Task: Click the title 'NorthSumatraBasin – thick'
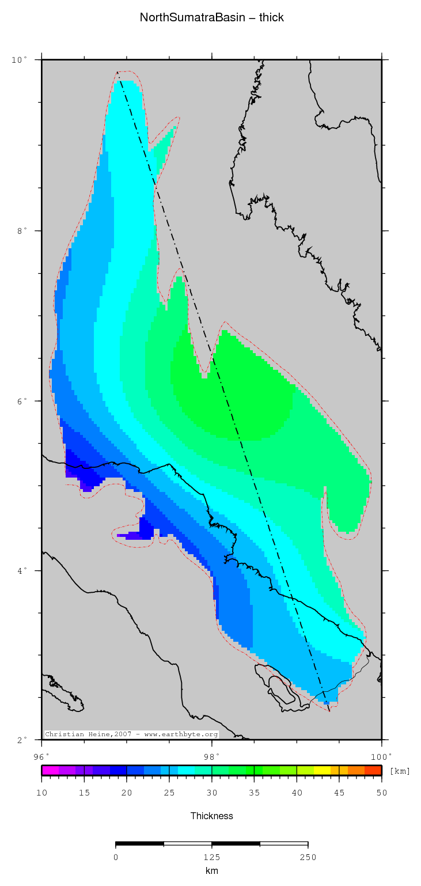coord(211,18)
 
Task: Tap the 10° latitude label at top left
coord(20,60)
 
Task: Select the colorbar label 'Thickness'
coord(211,816)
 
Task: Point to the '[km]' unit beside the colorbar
coord(400,771)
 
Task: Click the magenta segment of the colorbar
coord(50,770)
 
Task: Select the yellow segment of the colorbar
coord(322,770)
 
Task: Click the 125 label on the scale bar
coord(211,857)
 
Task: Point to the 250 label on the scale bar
coord(308,857)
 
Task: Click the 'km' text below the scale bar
coord(211,870)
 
